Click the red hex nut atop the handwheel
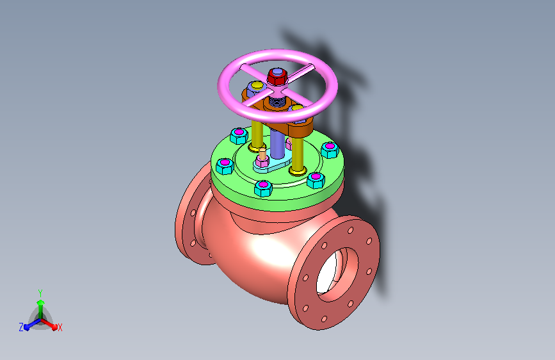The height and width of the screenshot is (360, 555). [277, 76]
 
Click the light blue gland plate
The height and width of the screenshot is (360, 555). [272, 165]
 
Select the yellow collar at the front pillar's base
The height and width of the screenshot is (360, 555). [298, 172]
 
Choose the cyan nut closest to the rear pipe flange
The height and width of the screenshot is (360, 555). [225, 166]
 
